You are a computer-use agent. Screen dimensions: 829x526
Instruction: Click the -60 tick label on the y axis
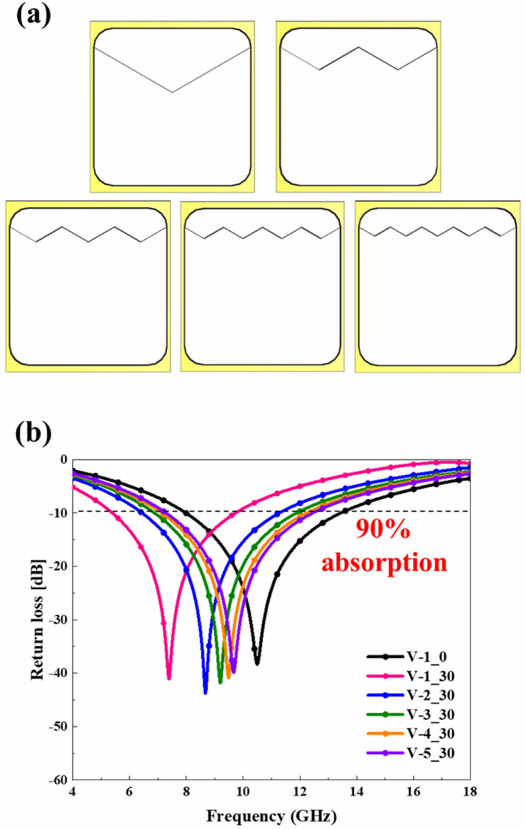pos(58,780)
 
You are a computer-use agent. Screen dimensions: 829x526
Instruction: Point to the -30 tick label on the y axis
pos(58,620)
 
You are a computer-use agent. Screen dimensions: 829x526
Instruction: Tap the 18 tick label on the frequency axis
pos(470,791)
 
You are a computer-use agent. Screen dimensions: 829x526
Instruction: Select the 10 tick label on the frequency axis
pos(243,791)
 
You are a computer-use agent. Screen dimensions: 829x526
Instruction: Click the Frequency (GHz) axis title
pos(271,816)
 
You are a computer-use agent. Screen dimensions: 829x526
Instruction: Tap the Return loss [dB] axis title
pos(38,619)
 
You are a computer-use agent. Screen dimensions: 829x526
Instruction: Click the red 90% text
pos(383,529)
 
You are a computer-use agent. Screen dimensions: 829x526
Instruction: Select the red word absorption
pos(384,562)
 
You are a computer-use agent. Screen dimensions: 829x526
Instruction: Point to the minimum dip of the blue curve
pos(205,693)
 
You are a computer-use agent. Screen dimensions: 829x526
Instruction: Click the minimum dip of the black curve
pos(257,664)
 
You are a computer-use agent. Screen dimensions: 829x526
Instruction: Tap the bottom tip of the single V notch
pos(172,92)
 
